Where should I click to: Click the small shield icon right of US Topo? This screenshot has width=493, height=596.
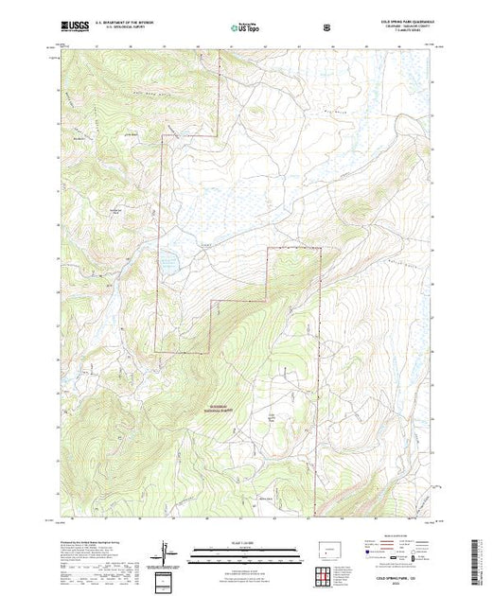click(x=328, y=27)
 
